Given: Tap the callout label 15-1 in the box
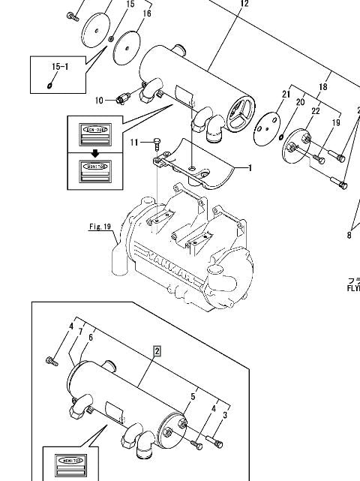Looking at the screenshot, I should pyautogui.click(x=59, y=68).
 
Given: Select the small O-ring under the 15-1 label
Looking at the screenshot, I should pyautogui.click(x=49, y=84).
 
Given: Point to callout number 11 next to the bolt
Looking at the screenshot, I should pyautogui.click(x=134, y=142).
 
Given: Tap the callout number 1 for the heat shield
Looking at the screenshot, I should pyautogui.click(x=250, y=167).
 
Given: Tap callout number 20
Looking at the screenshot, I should pyautogui.click(x=300, y=102).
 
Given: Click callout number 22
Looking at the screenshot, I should pyautogui.click(x=315, y=111).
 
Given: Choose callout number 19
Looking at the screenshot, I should pyautogui.click(x=335, y=122).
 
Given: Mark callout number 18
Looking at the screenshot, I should pyautogui.click(x=324, y=88).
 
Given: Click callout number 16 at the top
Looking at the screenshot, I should pyautogui.click(x=147, y=14).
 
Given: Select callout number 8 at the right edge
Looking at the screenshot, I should pyautogui.click(x=349, y=236).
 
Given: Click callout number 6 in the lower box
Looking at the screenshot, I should pyautogui.click(x=90, y=338).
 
